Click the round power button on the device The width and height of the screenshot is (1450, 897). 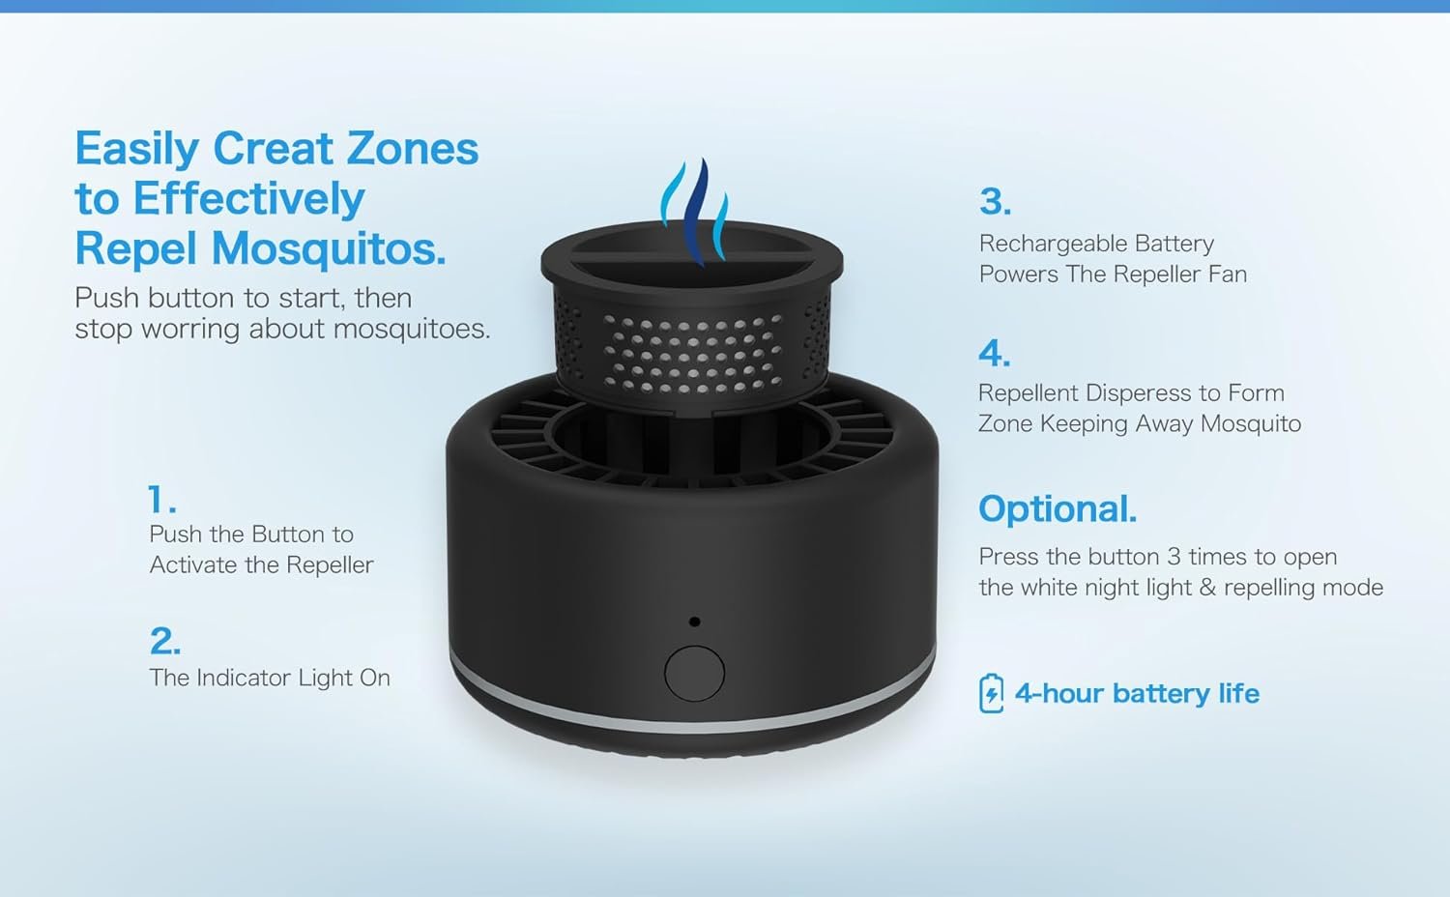point(694,673)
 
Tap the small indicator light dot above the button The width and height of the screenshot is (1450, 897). point(695,622)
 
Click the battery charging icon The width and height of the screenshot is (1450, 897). point(991,693)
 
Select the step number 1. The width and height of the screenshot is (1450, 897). point(161,500)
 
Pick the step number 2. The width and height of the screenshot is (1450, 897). point(165,642)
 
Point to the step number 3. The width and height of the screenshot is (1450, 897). point(995,201)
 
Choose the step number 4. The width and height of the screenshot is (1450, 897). point(995,354)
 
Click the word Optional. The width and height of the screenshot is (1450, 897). point(1058,508)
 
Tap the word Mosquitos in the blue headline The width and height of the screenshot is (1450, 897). point(329,249)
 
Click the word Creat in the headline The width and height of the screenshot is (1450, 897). point(274,149)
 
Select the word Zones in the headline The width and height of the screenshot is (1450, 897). point(413,149)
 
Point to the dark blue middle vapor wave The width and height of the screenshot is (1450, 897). point(697,213)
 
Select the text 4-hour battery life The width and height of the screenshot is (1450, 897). point(1137,693)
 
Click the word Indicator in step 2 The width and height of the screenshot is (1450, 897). point(243,678)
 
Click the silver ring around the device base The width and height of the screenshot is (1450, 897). point(693,709)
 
